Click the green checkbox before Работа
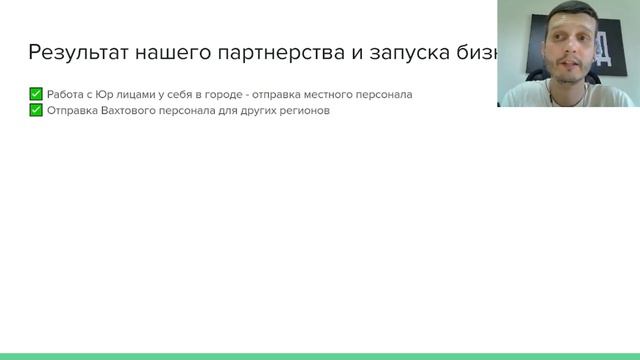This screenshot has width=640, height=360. click(36, 94)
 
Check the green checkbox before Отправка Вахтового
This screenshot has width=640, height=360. click(36, 110)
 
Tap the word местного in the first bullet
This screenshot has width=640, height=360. click(344, 95)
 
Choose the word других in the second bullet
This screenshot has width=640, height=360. click(254, 111)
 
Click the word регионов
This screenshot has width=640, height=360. click(303, 111)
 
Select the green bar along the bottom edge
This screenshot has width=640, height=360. click(320, 355)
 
